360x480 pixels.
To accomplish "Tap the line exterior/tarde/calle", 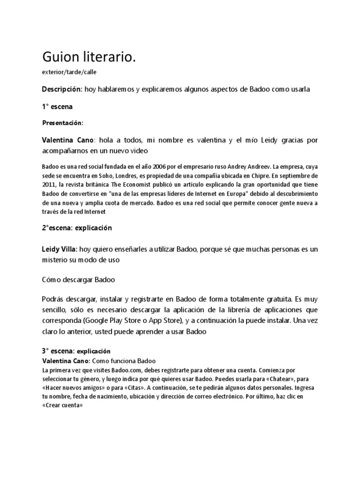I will point(70,72).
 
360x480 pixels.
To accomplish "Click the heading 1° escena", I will point(57,106).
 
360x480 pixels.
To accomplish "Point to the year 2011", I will point(49,184).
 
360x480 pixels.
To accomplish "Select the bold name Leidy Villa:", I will point(60,250).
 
